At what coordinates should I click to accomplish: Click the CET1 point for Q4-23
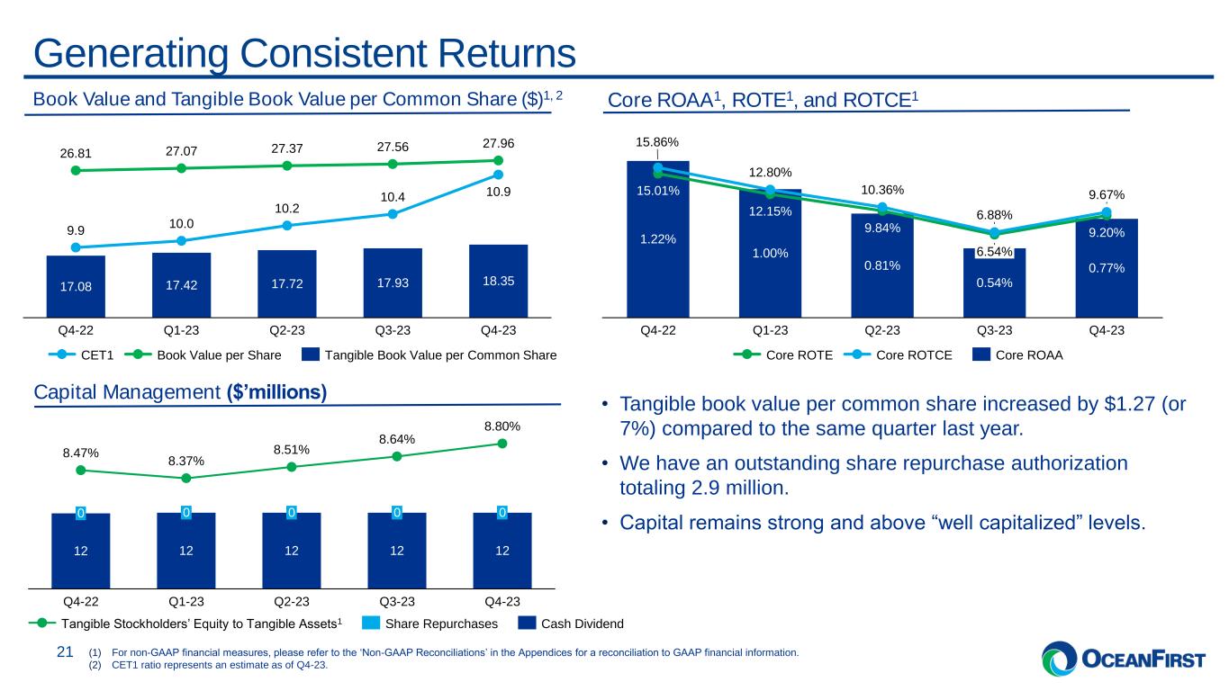click(498, 175)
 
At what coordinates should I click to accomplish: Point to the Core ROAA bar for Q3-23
click(994, 283)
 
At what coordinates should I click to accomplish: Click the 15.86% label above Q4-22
click(657, 142)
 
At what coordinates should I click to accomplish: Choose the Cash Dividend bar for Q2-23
click(292, 550)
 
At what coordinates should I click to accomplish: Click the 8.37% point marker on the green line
click(185, 479)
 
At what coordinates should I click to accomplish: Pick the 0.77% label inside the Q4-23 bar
click(1107, 268)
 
